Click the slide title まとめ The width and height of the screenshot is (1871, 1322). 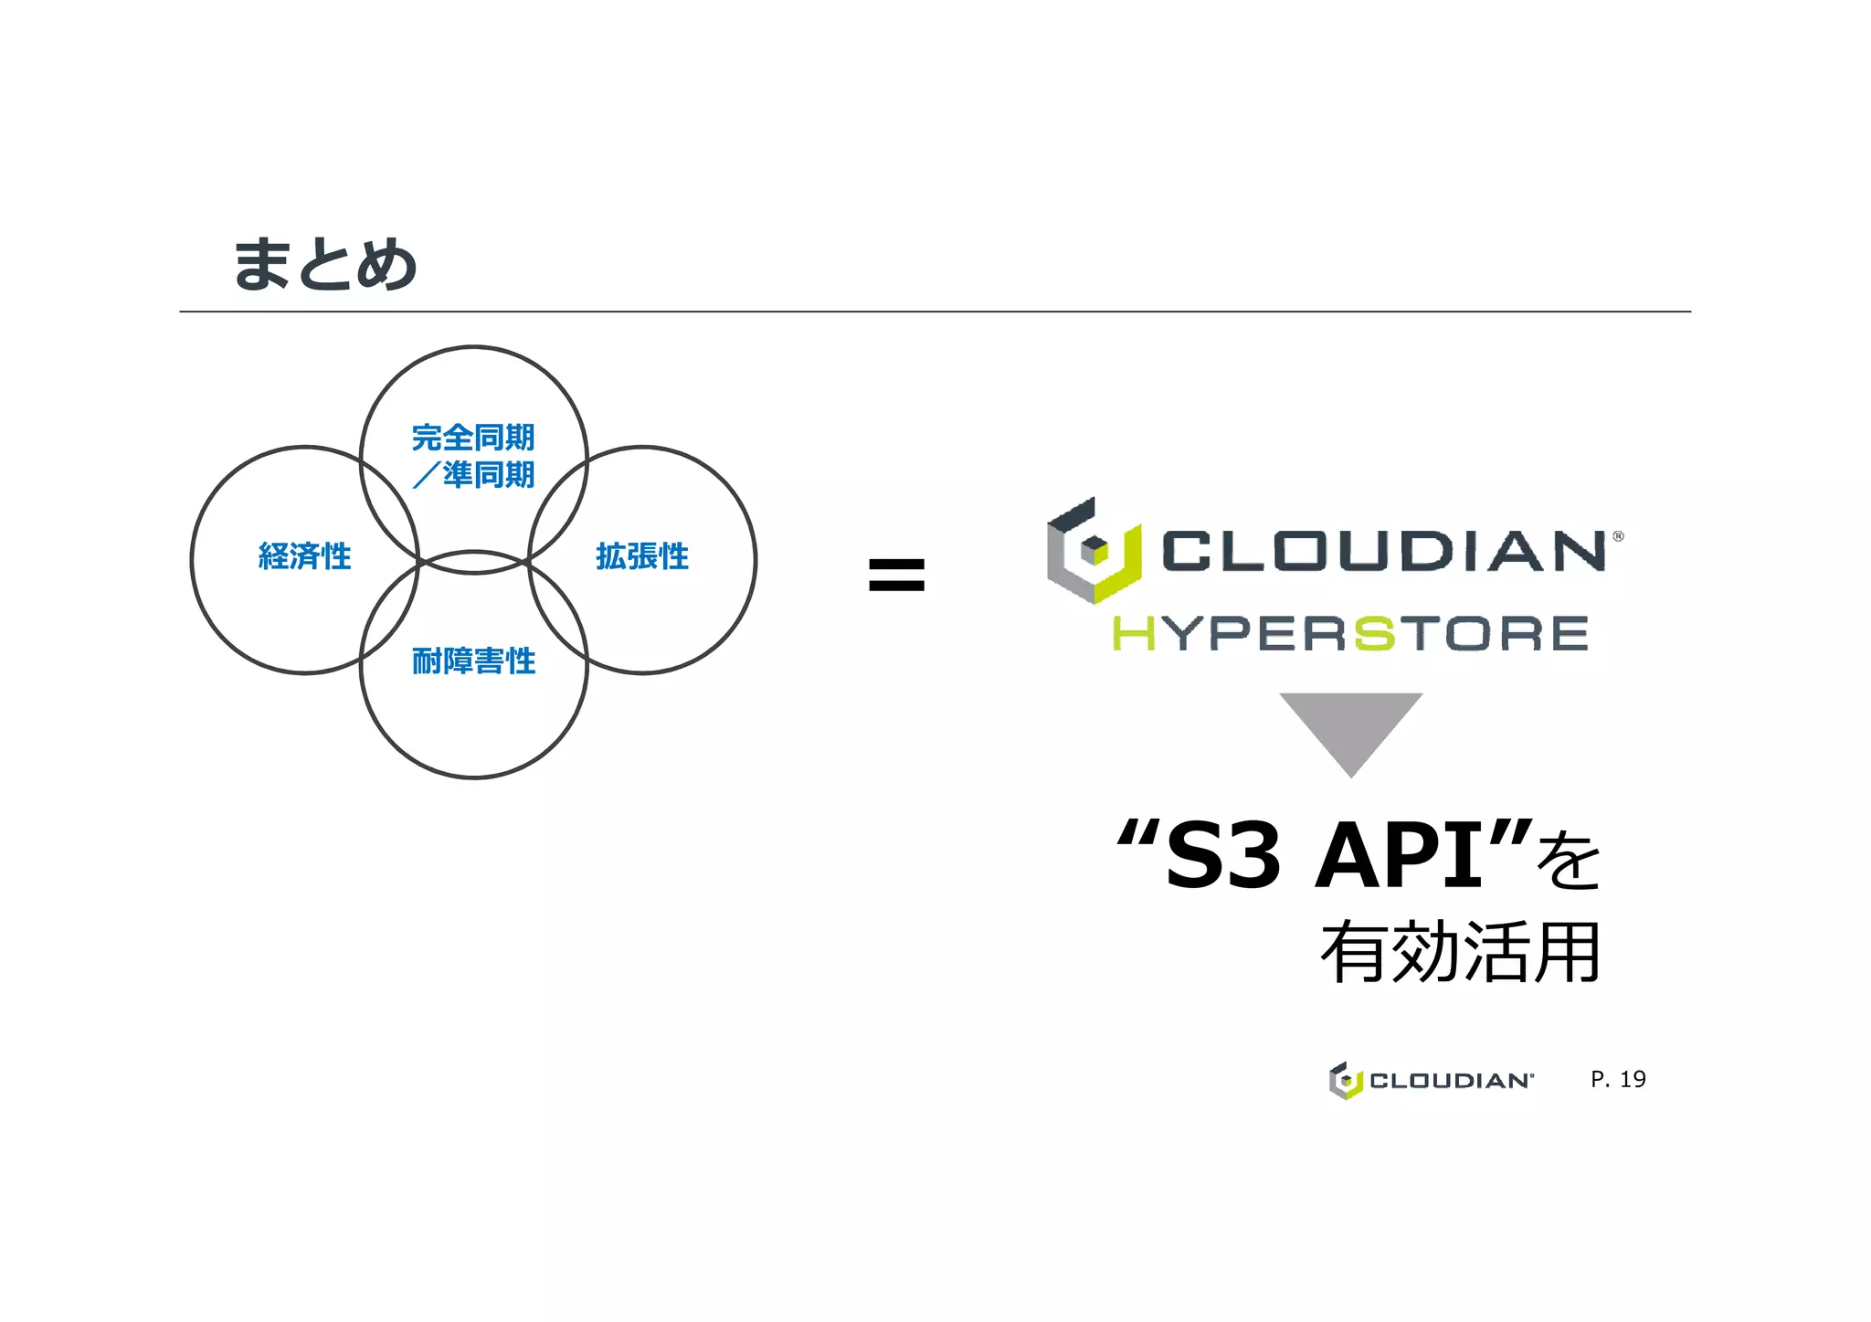pyautogui.click(x=325, y=265)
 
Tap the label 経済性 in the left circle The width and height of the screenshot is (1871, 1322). pyautogui.click(x=304, y=556)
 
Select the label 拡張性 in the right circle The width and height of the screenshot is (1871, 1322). pyautogui.click(x=642, y=556)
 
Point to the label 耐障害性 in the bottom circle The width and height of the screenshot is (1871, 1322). pyautogui.click(x=473, y=661)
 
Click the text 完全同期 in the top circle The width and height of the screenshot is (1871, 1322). pyautogui.click(x=473, y=438)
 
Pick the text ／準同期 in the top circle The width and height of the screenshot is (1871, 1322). pyautogui.click(x=473, y=475)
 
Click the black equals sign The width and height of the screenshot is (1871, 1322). pyautogui.click(x=896, y=575)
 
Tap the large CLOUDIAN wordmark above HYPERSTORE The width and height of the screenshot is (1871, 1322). pyautogui.click(x=1383, y=551)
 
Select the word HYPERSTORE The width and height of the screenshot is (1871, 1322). pyautogui.click(x=1350, y=634)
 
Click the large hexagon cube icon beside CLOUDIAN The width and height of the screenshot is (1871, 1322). pyautogui.click(x=1094, y=551)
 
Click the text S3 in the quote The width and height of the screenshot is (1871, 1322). pyautogui.click(x=1223, y=856)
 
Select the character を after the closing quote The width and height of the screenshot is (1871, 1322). pyautogui.click(x=1569, y=862)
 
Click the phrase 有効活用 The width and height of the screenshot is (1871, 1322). pyautogui.click(x=1460, y=953)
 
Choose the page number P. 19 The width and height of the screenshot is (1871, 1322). pyautogui.click(x=1618, y=1080)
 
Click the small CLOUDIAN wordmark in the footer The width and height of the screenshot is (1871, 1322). pyautogui.click(x=1451, y=1081)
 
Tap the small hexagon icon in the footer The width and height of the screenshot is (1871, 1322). pyautogui.click(x=1345, y=1081)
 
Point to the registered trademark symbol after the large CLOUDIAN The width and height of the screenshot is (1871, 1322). pyautogui.click(x=1618, y=536)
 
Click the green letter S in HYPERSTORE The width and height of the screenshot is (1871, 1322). pyautogui.click(x=1374, y=634)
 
